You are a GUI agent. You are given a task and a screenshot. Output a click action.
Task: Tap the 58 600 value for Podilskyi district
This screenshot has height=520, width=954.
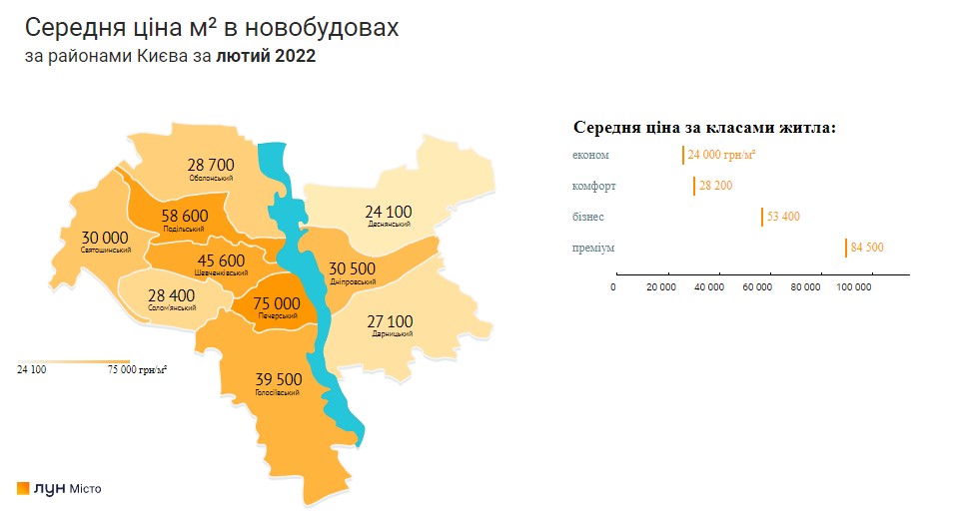184,216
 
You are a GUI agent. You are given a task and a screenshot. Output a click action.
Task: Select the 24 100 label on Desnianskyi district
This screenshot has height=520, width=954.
388,212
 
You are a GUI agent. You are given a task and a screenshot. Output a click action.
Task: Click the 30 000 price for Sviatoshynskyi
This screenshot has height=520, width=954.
105,237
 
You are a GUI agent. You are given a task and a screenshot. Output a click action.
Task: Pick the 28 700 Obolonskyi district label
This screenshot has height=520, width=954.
210,164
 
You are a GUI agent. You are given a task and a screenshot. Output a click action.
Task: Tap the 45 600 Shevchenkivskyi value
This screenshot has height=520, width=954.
209,260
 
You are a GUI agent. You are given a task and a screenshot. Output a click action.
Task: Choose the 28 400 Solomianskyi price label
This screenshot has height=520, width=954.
171,295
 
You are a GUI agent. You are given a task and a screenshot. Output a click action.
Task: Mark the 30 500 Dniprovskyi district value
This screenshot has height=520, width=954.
352,268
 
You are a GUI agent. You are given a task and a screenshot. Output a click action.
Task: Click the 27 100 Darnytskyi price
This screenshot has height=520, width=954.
389,320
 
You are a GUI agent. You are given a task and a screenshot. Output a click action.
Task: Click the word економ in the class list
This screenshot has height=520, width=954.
590,155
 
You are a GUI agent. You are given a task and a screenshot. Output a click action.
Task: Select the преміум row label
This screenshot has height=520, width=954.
592,247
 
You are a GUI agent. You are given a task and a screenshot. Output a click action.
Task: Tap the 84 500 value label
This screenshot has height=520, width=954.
867,248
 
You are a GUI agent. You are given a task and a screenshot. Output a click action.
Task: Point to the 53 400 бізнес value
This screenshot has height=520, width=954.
783,217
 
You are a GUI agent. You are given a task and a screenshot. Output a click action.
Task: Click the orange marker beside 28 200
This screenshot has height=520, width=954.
694,186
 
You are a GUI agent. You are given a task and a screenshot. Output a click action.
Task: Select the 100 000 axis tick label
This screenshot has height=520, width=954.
854,287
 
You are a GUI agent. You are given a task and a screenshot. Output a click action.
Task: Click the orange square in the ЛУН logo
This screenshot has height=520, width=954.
23,488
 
